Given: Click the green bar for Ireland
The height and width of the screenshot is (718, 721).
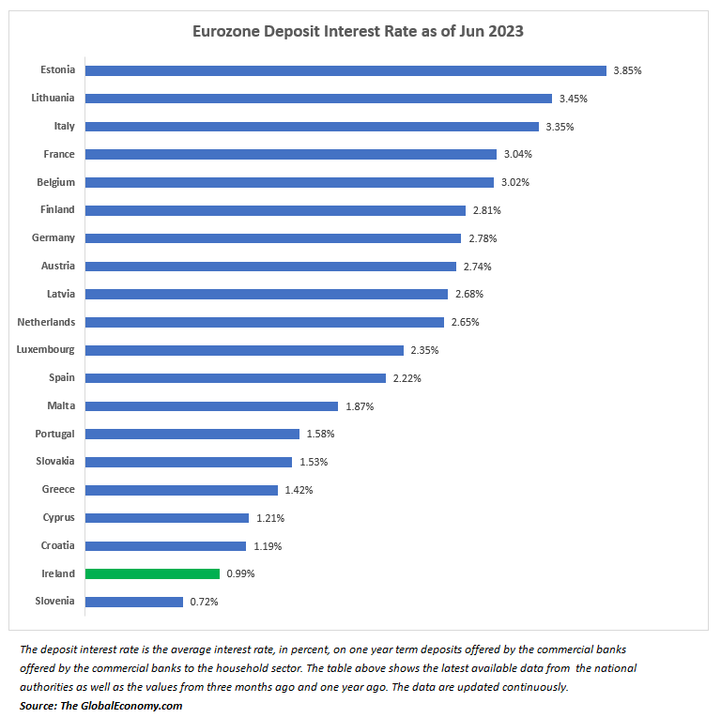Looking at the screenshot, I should click(x=152, y=573).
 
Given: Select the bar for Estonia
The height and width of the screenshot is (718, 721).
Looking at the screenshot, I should click(x=345, y=70).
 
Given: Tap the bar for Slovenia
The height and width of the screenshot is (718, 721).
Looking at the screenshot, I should click(x=134, y=602).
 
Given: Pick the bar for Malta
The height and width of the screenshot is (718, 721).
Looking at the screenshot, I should click(x=211, y=406).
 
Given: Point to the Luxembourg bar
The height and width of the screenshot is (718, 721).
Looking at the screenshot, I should click(x=244, y=350).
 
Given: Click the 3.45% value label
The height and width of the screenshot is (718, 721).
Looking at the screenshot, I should click(x=573, y=99).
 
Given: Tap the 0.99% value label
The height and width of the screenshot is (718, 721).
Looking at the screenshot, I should click(x=240, y=573).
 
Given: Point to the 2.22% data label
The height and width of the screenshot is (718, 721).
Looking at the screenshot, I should click(x=407, y=378).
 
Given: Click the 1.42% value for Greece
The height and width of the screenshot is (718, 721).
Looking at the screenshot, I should click(x=299, y=490).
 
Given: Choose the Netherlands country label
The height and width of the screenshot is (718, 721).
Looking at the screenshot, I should click(x=46, y=322).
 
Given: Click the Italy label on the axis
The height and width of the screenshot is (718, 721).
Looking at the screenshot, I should click(x=65, y=126).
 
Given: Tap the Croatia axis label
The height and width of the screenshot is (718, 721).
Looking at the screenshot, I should click(x=58, y=545).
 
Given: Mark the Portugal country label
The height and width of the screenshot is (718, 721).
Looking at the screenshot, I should click(x=54, y=434).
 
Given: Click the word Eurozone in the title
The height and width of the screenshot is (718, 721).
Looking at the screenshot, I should click(x=225, y=31).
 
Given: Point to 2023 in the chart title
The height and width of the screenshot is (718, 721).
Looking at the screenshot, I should click(x=502, y=31).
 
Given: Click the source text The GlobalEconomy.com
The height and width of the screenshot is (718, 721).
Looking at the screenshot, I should click(x=122, y=705).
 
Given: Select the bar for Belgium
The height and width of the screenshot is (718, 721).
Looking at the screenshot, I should click(x=289, y=182).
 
